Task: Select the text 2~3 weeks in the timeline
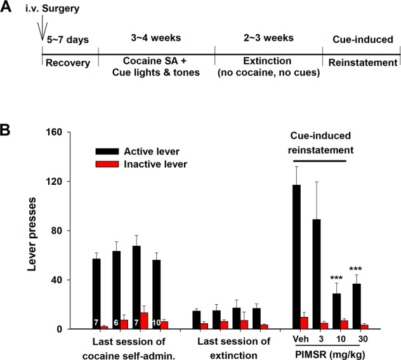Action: [x=268, y=39]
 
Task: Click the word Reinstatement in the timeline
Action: [x=362, y=63]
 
